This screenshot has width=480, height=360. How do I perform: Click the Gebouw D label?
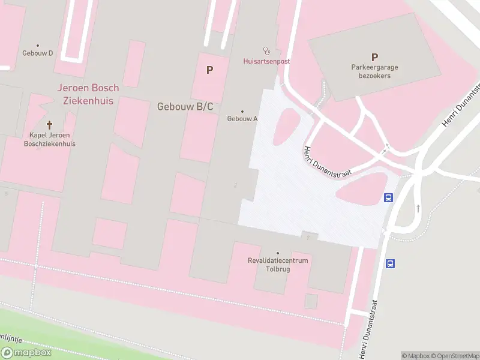coord(38,53)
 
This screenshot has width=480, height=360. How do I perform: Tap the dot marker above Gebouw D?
coord(38,45)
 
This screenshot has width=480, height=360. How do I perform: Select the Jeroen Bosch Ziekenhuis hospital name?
coord(88,94)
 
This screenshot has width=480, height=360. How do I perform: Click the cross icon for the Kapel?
coord(49,125)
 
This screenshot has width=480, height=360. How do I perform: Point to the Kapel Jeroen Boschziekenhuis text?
coord(49,139)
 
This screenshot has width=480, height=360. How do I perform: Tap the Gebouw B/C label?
coord(185,107)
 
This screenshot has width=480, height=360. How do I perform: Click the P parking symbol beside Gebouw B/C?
coord(209,70)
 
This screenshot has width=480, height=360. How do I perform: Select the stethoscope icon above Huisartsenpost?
coord(266,51)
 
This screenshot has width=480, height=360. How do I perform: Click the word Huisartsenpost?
coord(266,61)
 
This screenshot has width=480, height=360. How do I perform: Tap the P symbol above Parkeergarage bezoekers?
coord(374,58)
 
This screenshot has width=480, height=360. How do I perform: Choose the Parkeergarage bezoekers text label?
coord(374,72)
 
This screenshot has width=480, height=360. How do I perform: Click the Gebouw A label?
coord(242,119)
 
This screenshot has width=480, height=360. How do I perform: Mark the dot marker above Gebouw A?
coord(242,111)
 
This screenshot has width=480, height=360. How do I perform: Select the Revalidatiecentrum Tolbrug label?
coord(278,265)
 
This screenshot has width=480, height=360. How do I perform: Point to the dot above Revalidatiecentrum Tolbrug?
coord(277,253)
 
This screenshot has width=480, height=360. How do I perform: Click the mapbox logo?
coord(26,353)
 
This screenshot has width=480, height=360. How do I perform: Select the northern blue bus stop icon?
coord(388,197)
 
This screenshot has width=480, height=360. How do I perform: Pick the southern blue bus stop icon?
coord(390,263)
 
